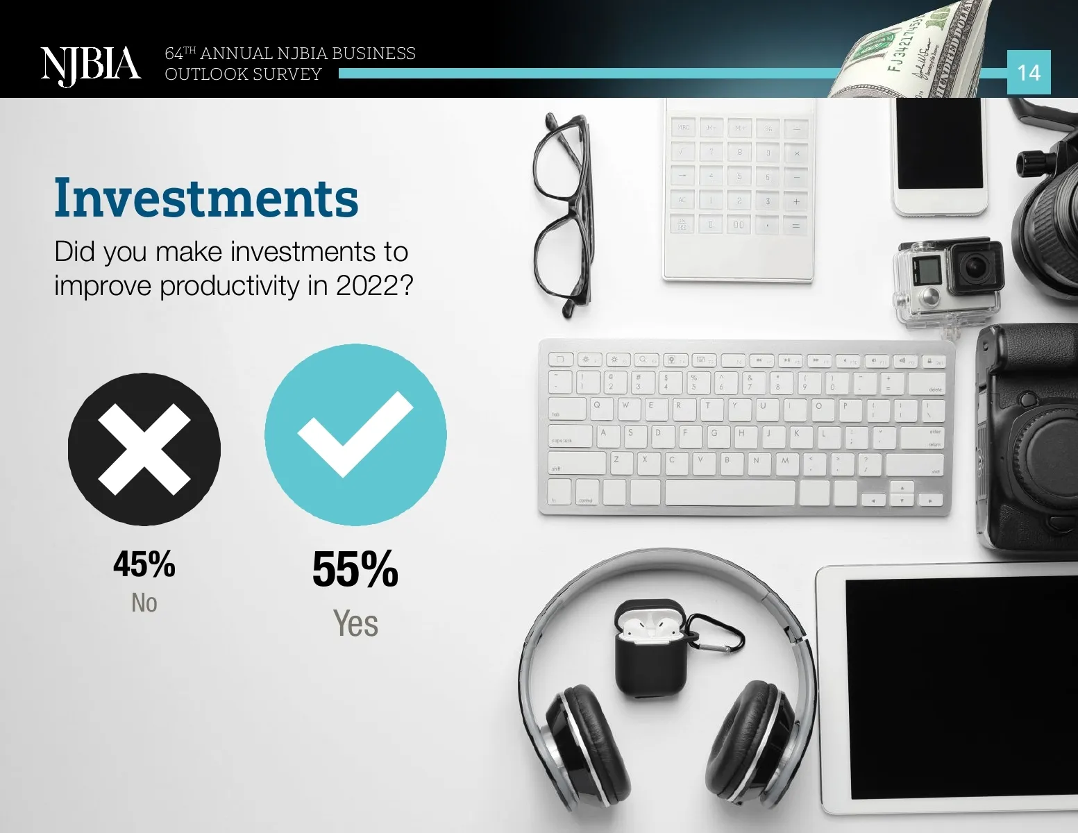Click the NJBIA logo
[x=91, y=66]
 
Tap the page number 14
[x=1029, y=73]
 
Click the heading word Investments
[x=206, y=197]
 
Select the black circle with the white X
[x=144, y=449]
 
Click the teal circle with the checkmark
[x=355, y=435]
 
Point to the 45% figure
[x=144, y=564]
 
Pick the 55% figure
[x=355, y=569]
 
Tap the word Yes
[x=355, y=623]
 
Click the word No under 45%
[x=144, y=603]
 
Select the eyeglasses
[x=562, y=214]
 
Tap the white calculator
[x=739, y=190]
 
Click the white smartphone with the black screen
[x=940, y=156]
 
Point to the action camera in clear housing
[x=948, y=284]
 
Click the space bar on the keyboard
[x=730, y=493]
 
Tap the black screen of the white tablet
[x=961, y=689]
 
